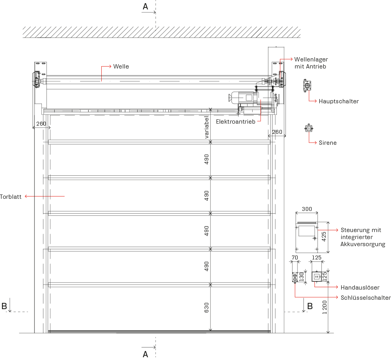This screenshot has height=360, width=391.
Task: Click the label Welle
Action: (121, 67)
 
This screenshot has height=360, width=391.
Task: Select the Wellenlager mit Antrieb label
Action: (311, 63)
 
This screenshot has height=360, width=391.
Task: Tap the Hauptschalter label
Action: (339, 101)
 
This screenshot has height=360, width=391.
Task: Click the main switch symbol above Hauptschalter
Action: (307, 85)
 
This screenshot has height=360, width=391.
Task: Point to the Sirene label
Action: (328, 143)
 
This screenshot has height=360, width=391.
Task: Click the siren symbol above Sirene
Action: (309, 128)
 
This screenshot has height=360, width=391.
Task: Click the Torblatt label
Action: (11, 196)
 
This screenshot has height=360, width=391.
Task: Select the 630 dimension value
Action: (207, 308)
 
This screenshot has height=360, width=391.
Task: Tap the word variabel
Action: (207, 127)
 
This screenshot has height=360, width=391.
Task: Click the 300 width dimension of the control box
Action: (307, 209)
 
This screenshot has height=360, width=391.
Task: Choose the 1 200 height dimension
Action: (325, 307)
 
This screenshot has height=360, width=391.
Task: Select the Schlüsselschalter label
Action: (366, 298)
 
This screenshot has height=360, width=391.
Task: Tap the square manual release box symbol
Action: (317, 277)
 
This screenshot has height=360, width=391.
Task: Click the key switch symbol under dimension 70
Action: (295, 277)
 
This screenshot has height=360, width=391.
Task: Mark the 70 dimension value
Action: (295, 257)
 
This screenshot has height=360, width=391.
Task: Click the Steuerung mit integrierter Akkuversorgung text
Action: (363, 237)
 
